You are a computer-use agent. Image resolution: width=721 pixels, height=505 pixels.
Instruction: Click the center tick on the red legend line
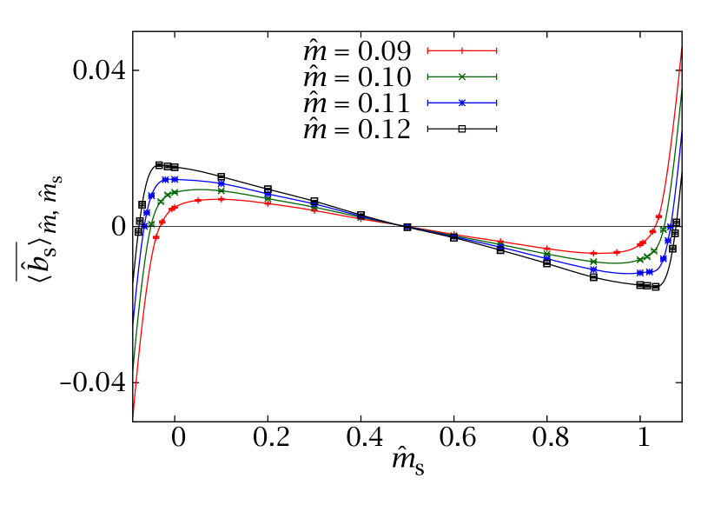(x=462, y=50)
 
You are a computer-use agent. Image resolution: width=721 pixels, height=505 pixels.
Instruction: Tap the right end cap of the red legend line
(x=497, y=50)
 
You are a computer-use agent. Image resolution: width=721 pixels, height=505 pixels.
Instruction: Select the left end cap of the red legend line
(x=427, y=50)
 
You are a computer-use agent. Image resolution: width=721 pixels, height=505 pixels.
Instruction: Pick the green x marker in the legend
(x=462, y=76)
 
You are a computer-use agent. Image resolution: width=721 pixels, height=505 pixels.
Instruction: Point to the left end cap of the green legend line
(x=427, y=76)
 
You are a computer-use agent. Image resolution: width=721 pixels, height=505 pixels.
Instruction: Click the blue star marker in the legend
(x=462, y=103)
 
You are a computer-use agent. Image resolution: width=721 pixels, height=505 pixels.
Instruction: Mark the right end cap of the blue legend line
(x=497, y=103)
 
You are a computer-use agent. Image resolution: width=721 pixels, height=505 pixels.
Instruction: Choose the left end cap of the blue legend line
(x=427, y=103)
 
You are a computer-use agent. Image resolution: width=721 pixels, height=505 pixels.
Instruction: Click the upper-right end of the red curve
(x=681, y=49)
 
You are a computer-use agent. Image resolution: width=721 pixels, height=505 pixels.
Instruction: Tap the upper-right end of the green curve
(x=681, y=90)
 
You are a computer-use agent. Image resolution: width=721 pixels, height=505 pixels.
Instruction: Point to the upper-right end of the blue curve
(x=681, y=132)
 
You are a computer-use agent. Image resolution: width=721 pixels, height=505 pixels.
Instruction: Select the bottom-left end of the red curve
(x=133, y=415)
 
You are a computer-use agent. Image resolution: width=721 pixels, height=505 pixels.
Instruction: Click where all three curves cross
(x=407, y=226)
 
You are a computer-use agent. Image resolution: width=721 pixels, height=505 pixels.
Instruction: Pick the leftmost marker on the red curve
(x=156, y=236)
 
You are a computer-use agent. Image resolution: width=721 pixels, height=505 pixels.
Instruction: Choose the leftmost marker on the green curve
(x=151, y=223)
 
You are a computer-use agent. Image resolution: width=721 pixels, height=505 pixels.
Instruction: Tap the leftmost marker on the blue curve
(x=144, y=225)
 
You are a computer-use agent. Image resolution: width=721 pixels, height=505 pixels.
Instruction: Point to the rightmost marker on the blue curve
(x=670, y=227)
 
